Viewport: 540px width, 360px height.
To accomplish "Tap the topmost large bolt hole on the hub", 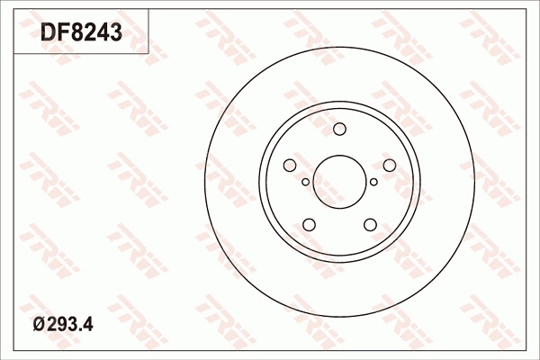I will pyautogui.click(x=340, y=129).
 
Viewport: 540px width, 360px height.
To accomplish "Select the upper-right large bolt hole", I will pyautogui.click(x=390, y=165).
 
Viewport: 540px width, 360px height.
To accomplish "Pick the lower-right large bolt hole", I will pyautogui.click(x=371, y=224).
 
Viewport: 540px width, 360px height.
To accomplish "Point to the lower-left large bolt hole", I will pyautogui.click(x=309, y=224).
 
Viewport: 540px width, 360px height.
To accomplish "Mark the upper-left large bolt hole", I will pyautogui.click(x=290, y=165).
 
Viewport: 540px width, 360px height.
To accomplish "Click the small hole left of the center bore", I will pyautogui.click(x=306, y=182).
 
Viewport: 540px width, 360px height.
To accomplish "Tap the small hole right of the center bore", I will pyautogui.click(x=374, y=182).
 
